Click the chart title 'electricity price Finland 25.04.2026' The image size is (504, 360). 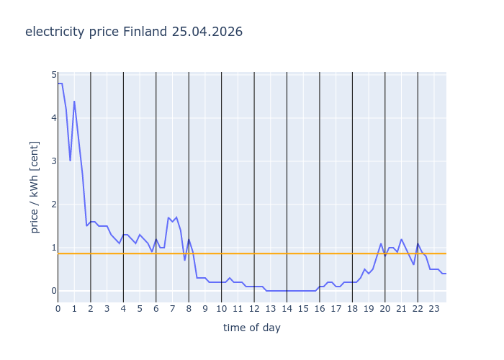(x=134, y=32)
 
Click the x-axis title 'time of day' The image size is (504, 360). (x=251, y=328)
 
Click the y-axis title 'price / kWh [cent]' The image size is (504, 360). (x=35, y=186)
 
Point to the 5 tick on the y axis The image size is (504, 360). (x=53, y=75)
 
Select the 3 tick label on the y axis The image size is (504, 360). (x=53, y=161)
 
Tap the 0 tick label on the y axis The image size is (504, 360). (x=53, y=291)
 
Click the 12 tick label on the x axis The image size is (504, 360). (x=254, y=309)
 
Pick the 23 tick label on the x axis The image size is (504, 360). (x=434, y=309)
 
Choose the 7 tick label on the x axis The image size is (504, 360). (x=172, y=309)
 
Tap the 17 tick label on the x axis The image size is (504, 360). (x=336, y=309)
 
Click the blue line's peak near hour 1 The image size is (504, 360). (x=74, y=102)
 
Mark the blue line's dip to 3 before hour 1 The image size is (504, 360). (x=70, y=161)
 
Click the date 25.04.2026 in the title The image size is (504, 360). (x=207, y=32)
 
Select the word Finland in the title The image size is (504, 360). (x=145, y=32)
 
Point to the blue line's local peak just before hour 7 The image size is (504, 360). (x=168, y=217)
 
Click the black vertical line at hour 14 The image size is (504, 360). (x=287, y=180)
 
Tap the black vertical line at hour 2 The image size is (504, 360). (x=91, y=180)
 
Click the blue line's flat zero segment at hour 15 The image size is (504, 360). (x=303, y=291)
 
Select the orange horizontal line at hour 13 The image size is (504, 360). (x=271, y=253)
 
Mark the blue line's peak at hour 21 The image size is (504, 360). (x=401, y=239)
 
